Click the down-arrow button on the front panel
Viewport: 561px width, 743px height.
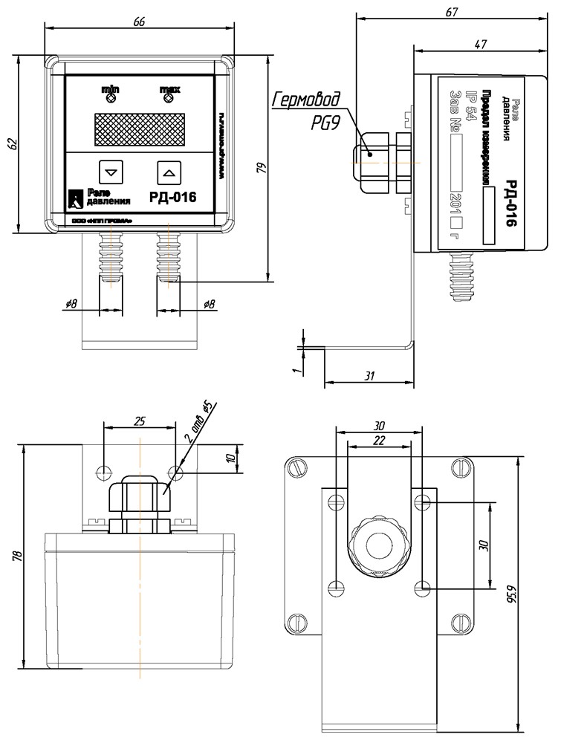(111, 172)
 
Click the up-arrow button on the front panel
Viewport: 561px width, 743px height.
(169, 172)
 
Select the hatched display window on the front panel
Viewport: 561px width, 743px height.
(139, 129)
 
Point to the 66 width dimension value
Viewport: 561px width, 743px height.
(139, 22)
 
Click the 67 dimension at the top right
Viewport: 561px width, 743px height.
(452, 11)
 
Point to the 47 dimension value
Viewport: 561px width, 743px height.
(480, 45)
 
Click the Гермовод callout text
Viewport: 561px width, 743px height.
(306, 100)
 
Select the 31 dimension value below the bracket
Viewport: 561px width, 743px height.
(369, 375)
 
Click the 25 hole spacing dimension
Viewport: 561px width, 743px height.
(139, 421)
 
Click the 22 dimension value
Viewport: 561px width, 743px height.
(380, 441)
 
